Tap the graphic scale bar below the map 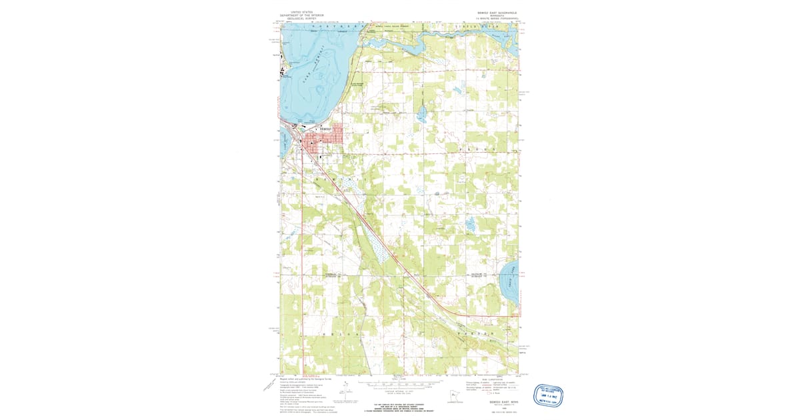(x=400, y=385)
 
